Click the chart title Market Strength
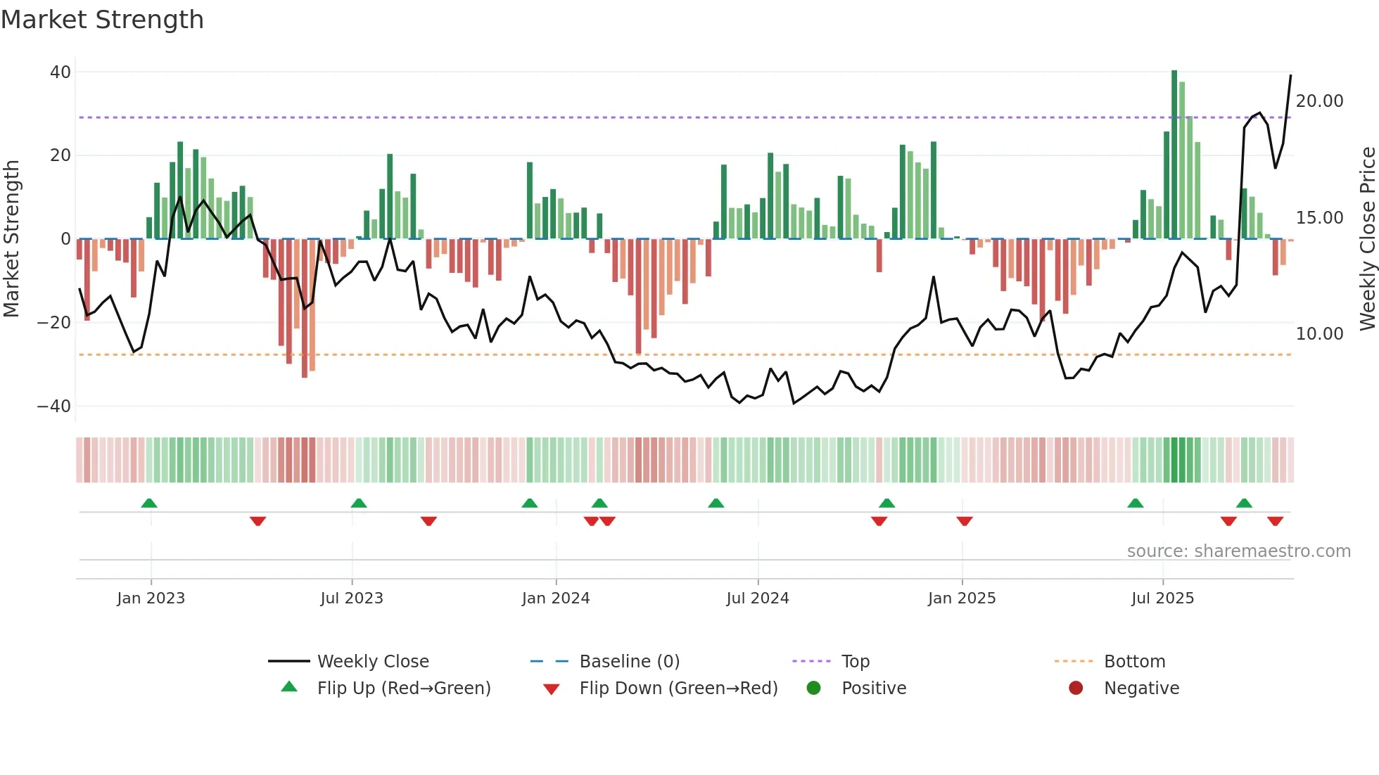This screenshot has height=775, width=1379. coord(102,20)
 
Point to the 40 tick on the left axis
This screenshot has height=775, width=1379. coord(61,72)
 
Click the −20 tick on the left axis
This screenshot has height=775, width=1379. coord(54,323)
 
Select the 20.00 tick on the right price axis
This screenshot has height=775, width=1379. coord(1319,101)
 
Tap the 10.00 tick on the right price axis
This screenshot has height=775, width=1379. coord(1319,334)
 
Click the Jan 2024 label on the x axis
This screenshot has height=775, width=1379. coord(556,598)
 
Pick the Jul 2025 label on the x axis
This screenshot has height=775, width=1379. coord(1162,598)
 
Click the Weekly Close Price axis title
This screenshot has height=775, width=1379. coord(1367,239)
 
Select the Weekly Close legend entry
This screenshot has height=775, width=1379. coord(372,662)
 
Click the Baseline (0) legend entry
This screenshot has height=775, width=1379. coord(629,662)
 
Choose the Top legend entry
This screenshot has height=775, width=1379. coord(856,662)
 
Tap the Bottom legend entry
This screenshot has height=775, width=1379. coord(1134,662)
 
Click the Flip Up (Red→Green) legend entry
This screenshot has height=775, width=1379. coord(403,688)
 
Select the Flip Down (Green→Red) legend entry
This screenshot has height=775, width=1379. coord(678,688)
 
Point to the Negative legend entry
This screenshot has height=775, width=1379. coord(1141,688)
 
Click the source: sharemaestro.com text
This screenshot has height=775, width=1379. coord(1238,551)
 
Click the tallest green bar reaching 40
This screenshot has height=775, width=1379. coord(1174,155)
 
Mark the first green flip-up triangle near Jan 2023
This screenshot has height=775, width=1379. coord(149,504)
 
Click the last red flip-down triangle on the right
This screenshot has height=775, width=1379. coord(1275,521)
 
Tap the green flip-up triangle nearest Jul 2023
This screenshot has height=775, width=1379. coord(359,504)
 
